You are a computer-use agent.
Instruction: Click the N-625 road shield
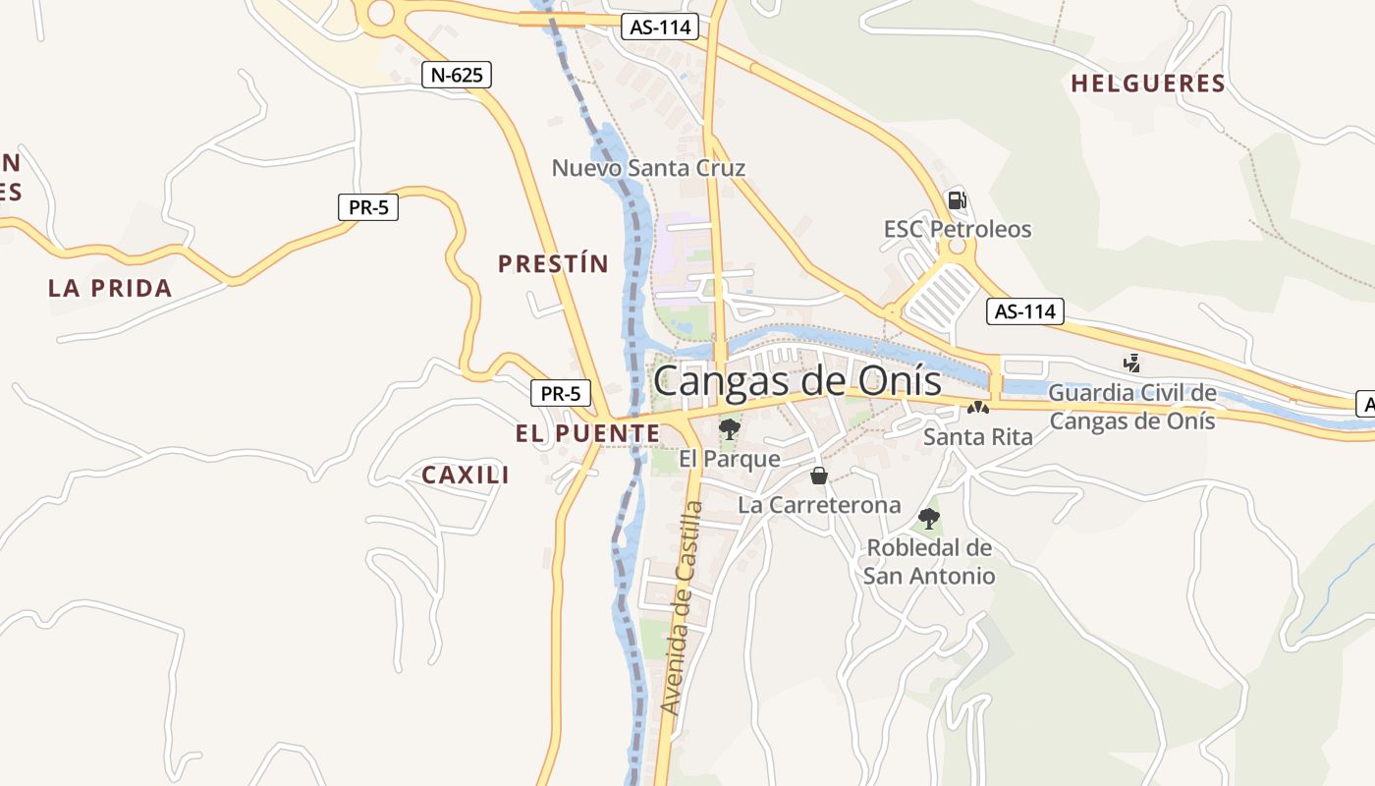(456, 75)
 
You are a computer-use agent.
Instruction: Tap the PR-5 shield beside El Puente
(561, 394)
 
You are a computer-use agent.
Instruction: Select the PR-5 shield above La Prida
(368, 207)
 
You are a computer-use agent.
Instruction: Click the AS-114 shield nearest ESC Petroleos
(1025, 311)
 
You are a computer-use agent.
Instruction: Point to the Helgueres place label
(1148, 84)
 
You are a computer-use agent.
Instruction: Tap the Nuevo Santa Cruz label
(648, 168)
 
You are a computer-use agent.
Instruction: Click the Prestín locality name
(553, 263)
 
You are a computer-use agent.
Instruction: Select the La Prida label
(110, 288)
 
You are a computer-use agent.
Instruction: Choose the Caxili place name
(466, 475)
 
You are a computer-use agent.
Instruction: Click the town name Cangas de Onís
(797, 381)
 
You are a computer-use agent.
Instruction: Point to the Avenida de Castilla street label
(684, 607)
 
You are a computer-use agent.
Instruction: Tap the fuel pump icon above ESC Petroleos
(957, 200)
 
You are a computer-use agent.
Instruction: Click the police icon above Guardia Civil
(1132, 363)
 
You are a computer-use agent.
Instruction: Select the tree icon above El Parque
(729, 428)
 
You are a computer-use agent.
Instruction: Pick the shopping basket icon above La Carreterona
(819, 477)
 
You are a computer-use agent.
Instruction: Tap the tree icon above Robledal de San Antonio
(928, 518)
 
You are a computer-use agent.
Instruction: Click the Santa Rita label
(978, 436)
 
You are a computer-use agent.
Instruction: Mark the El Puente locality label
(587, 432)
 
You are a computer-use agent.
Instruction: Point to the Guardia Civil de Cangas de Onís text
(1132, 407)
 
